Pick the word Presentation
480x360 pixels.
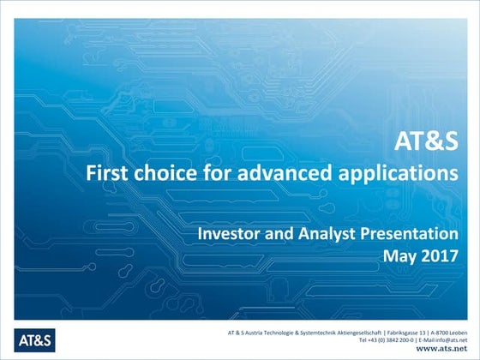(x=411, y=233)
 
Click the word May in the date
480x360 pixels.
(x=401, y=255)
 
